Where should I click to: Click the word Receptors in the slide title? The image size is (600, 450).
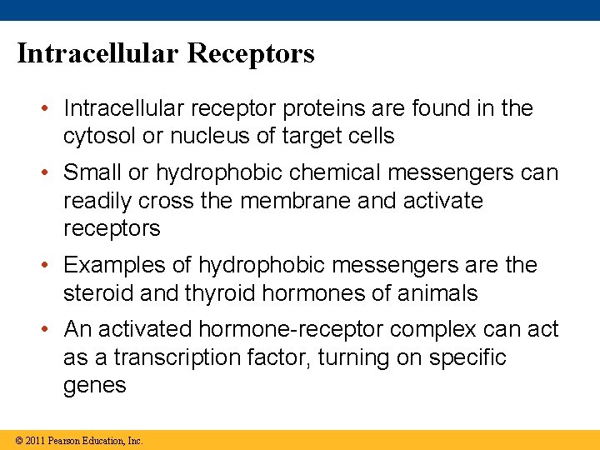pyautogui.click(x=251, y=53)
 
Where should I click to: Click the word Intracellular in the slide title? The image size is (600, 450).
pyautogui.click(x=98, y=53)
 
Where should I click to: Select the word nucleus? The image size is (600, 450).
pyautogui.click(x=213, y=136)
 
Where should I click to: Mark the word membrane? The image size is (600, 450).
pyautogui.click(x=342, y=201)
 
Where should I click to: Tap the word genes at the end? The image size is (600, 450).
pyautogui.click(x=95, y=386)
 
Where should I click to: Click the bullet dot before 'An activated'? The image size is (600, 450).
pyautogui.click(x=51, y=330)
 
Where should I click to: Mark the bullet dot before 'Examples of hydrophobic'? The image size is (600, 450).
pyautogui.click(x=51, y=266)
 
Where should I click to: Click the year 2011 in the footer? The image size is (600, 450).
pyautogui.click(x=35, y=440)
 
